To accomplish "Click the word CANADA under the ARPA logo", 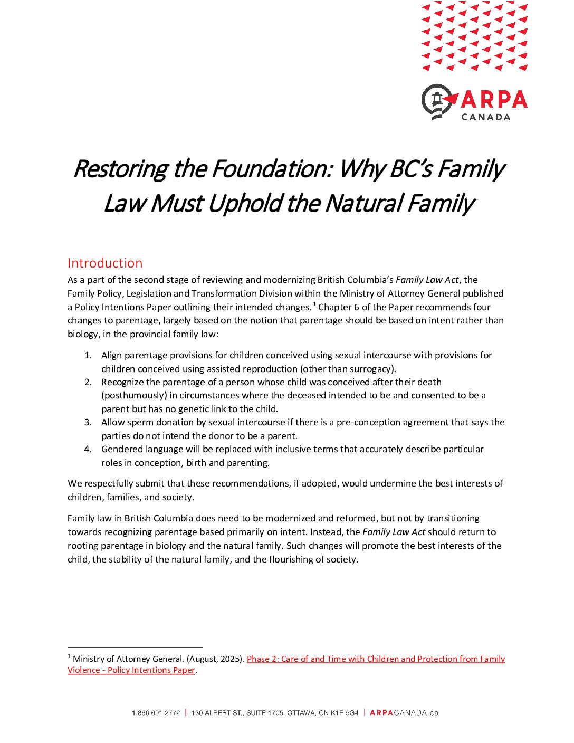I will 485,117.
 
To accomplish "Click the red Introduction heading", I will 105,263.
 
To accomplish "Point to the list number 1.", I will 88,355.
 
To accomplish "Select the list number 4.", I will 88,449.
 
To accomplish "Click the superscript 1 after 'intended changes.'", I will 314,304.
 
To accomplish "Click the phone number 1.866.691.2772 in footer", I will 156,713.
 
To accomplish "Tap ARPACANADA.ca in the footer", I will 404,713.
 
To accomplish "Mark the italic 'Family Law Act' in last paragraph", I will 394,532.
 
